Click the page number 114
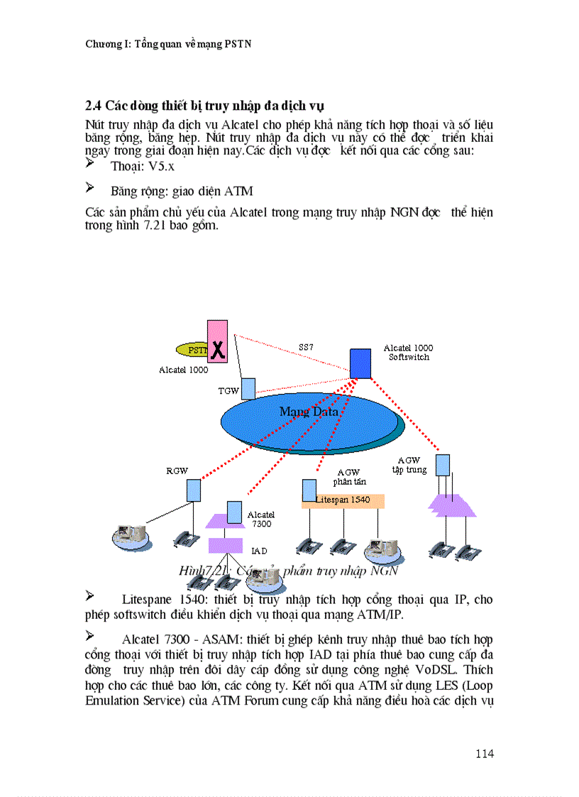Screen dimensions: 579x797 (485, 753)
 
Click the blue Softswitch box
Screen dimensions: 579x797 (360, 364)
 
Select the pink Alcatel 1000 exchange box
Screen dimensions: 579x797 (218, 341)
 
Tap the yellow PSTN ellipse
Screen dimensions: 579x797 (193, 350)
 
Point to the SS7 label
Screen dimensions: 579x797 (306, 347)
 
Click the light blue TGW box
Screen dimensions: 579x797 (248, 388)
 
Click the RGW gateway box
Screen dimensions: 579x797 (194, 490)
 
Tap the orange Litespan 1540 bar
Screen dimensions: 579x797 (346, 500)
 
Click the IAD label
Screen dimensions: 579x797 (259, 551)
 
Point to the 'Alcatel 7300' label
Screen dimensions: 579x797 (261, 519)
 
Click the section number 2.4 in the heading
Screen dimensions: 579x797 (94, 106)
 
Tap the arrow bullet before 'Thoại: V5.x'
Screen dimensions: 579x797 (90, 164)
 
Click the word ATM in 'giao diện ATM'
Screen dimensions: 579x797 (238, 191)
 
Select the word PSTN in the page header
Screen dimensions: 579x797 (239, 44)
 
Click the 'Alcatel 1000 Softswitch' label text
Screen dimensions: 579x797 (408, 352)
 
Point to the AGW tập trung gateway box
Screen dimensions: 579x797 (443, 465)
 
